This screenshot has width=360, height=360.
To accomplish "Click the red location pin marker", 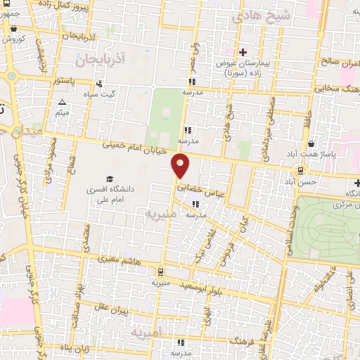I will coord(181,165).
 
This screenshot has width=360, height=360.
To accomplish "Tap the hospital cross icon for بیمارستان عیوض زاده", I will coord(243,52).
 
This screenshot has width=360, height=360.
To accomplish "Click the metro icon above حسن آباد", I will coord(300,170).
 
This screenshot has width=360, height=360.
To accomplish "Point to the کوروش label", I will coord(15,39).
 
